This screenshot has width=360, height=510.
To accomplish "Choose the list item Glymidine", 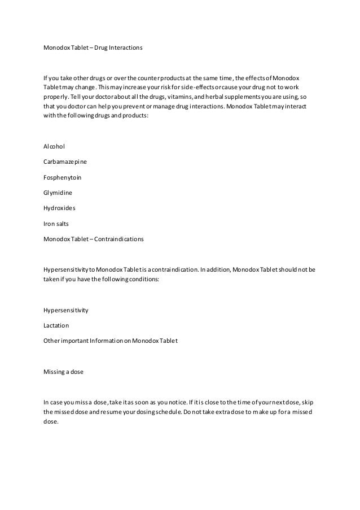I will point(58,193).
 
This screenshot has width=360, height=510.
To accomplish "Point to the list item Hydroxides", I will point(59,208).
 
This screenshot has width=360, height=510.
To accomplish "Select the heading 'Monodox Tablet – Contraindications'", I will point(93,239).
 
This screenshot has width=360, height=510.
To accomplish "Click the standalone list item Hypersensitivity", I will point(66,310).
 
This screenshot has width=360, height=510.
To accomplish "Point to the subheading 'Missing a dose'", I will point(65,372).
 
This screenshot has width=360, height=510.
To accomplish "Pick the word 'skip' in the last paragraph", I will point(309,403).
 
